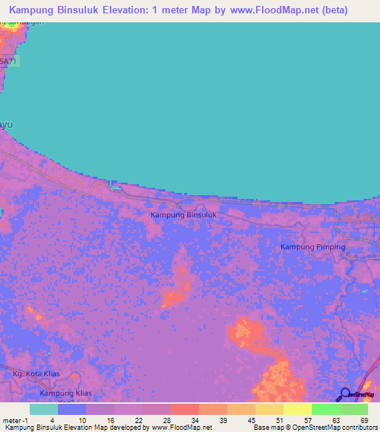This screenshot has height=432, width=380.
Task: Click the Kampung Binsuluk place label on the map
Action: (x=183, y=215)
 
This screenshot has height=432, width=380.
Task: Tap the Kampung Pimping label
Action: (x=312, y=246)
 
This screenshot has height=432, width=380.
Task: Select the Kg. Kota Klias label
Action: (x=36, y=373)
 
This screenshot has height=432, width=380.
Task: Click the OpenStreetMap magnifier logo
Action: (x=345, y=394)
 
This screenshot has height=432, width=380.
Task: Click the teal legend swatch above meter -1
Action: (x=43, y=409)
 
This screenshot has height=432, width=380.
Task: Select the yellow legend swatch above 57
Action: (x=297, y=409)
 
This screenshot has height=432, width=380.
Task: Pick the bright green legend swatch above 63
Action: (x=325, y=409)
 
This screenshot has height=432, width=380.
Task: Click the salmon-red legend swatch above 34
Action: (x=184, y=409)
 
